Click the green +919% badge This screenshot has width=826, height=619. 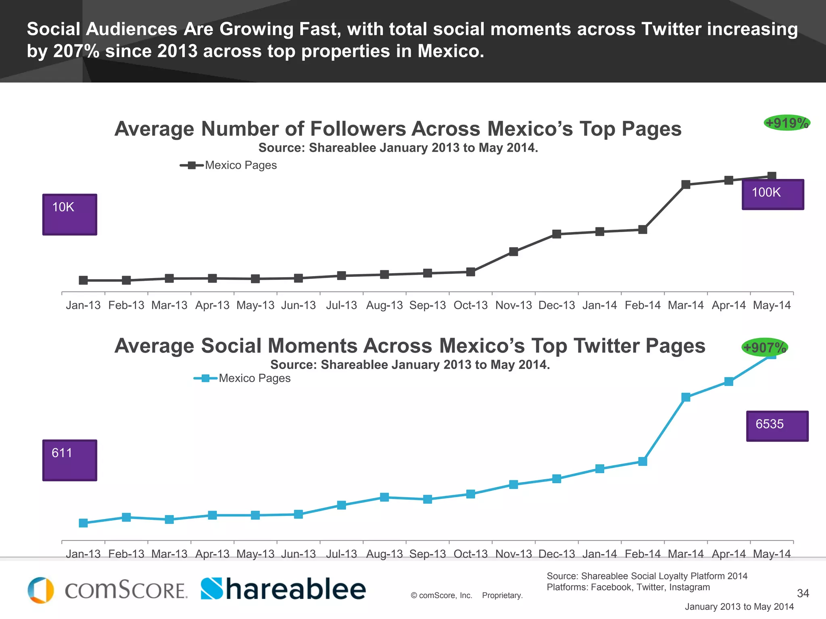(x=787, y=123)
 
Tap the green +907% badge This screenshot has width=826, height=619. (x=764, y=347)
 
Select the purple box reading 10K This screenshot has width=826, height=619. (x=70, y=214)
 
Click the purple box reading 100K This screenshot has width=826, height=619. (x=773, y=194)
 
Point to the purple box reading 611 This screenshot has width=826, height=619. (x=70, y=460)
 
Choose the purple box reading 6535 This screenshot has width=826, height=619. (x=777, y=426)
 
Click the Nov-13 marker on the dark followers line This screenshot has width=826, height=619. (x=513, y=252)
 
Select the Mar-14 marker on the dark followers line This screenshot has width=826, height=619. (x=686, y=185)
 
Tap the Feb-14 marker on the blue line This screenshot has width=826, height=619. (x=642, y=461)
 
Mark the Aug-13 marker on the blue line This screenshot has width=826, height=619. (x=384, y=497)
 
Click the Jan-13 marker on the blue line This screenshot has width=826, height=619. (x=83, y=523)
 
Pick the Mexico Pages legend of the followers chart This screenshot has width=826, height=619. (x=229, y=165)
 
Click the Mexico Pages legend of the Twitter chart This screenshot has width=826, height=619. (x=242, y=378)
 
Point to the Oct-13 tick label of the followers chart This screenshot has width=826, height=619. (x=470, y=305)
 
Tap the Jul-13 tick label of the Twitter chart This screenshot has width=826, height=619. (x=341, y=554)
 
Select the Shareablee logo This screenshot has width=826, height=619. (x=283, y=589)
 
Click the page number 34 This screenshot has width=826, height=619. (x=803, y=593)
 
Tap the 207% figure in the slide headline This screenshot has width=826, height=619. (x=76, y=51)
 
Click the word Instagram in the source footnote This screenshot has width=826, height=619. (x=689, y=587)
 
